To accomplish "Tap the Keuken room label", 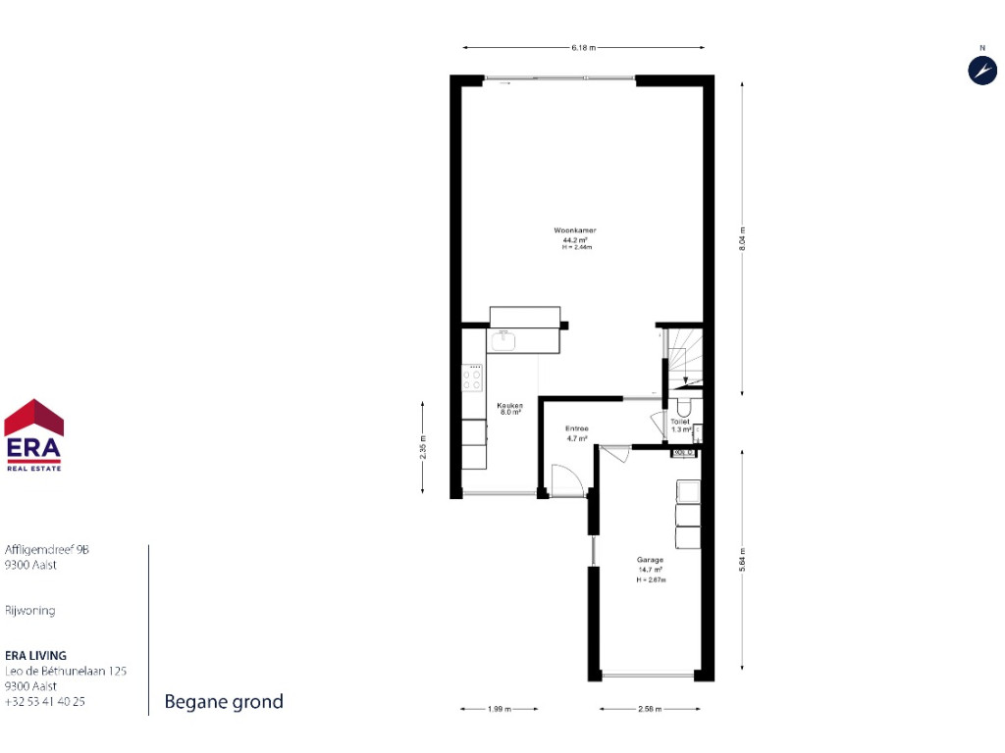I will click(509, 406).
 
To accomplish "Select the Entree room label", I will click(576, 429).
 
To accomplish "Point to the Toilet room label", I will click(680, 422).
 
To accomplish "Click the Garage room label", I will click(650, 561).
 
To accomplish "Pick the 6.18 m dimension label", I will click(584, 47).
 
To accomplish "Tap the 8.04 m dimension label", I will click(742, 239).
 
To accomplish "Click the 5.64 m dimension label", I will click(742, 563).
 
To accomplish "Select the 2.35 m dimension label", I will click(423, 445).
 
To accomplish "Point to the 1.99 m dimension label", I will click(499, 708).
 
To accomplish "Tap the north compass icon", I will click(982, 70).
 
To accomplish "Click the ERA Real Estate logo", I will click(34, 435).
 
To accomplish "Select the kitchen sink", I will click(503, 340).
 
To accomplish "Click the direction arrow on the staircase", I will click(684, 373).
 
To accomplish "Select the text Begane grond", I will click(224, 701).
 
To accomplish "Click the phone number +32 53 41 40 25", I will click(45, 701).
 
